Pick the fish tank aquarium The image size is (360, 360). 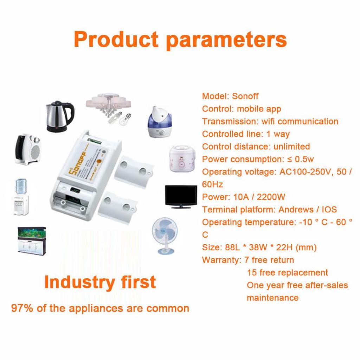point(33,240)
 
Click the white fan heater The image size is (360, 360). point(28,149)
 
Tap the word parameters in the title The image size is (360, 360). point(226,40)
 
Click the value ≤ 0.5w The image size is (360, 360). point(300,159)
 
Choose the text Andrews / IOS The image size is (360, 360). point(307,210)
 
